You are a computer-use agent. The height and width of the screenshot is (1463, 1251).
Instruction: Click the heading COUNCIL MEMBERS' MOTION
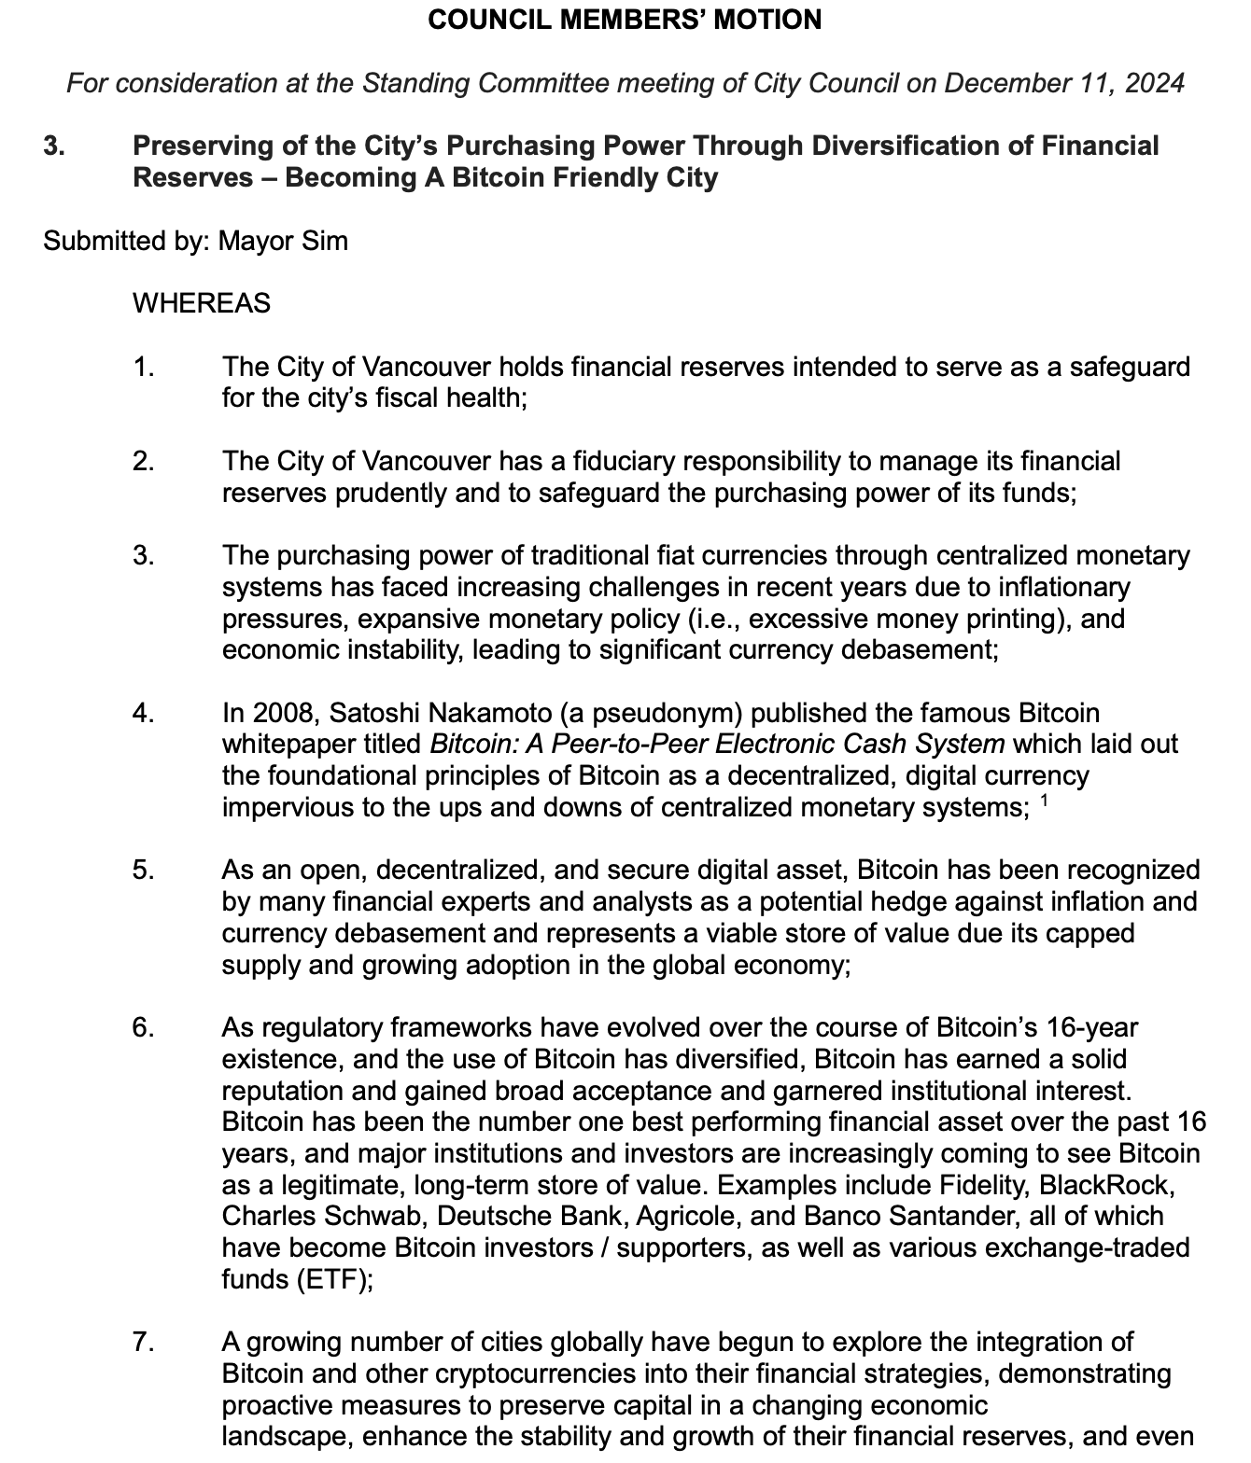(625, 20)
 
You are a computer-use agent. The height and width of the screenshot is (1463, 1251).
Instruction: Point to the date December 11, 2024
(1064, 83)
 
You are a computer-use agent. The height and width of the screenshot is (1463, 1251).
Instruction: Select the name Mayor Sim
(283, 241)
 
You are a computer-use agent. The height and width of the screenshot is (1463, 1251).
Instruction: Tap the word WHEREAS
(202, 303)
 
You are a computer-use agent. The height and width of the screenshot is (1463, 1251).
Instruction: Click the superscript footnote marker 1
(1044, 800)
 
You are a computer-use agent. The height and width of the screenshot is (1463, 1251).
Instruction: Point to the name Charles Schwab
(321, 1217)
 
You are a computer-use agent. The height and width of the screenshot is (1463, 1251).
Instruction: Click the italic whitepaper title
(717, 745)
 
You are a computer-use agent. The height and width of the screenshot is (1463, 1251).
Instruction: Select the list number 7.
(143, 1343)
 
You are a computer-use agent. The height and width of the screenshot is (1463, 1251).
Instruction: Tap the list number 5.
(143, 871)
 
